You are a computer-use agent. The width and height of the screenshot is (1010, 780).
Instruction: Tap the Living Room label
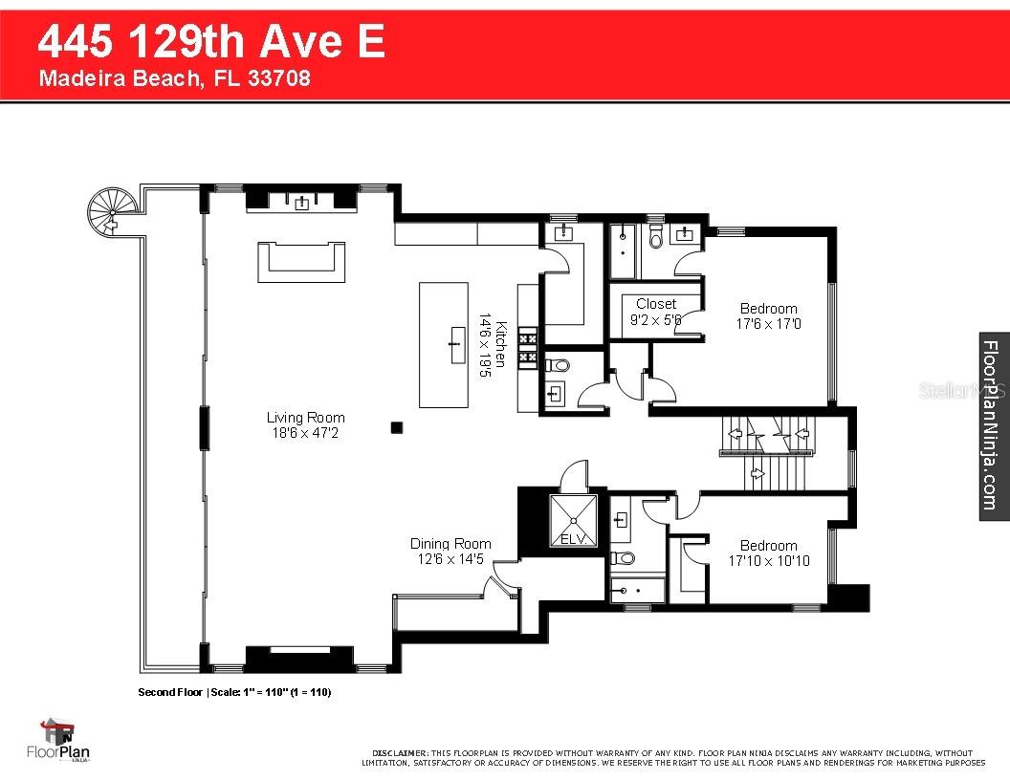click(x=305, y=418)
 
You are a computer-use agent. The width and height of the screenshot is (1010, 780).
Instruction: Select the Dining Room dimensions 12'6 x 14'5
click(x=450, y=558)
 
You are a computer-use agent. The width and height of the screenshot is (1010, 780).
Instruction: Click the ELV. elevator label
click(x=572, y=540)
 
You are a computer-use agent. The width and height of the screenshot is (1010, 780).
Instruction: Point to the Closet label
click(x=655, y=304)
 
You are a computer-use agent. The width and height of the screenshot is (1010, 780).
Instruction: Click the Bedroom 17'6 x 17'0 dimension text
click(x=768, y=324)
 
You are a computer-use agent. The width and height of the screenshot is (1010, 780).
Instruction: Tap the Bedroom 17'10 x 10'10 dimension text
click(x=768, y=560)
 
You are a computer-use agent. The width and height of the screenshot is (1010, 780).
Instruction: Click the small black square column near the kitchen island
click(x=397, y=428)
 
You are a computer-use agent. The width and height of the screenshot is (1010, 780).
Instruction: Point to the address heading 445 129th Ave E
click(x=211, y=43)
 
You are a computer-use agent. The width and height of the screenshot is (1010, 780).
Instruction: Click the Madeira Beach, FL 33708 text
click(x=174, y=78)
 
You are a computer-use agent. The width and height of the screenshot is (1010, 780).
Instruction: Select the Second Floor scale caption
click(x=234, y=691)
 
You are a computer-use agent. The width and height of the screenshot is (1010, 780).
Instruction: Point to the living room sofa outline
click(x=300, y=261)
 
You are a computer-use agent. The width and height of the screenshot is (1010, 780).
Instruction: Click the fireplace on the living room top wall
click(x=301, y=201)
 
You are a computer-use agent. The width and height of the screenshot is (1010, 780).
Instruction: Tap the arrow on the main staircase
click(x=757, y=472)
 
